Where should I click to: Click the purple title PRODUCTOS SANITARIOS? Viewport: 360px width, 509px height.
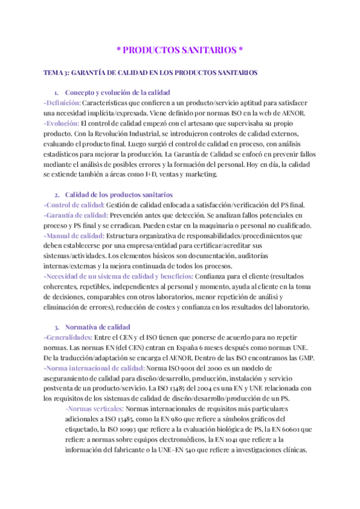179,49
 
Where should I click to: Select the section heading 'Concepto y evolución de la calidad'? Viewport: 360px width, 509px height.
118,92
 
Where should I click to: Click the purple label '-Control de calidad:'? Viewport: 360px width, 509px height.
74,205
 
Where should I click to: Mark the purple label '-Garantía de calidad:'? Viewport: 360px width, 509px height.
76,215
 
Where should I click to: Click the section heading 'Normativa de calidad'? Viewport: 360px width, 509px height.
97,327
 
